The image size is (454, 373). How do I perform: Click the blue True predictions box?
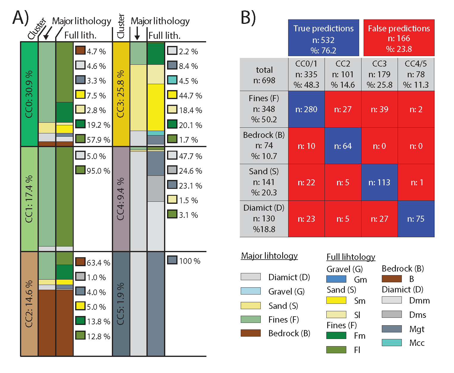[323, 38]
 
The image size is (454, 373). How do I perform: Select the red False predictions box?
[399, 38]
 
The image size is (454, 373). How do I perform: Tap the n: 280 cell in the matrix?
[306, 110]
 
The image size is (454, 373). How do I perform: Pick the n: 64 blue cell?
[343, 146]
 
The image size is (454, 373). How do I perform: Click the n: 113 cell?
[379, 182]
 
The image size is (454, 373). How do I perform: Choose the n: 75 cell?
[416, 219]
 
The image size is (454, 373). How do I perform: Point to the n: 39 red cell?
[379, 110]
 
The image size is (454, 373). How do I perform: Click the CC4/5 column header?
[416, 74]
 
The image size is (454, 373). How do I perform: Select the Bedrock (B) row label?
[264, 146]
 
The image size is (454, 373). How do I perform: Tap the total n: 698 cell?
[264, 75]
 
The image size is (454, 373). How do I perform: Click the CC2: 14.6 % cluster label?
[29, 304]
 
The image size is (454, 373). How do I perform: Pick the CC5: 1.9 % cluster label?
[121, 304]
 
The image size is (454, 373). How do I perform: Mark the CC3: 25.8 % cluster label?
[121, 94]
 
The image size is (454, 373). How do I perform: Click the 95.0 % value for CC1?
[98, 171]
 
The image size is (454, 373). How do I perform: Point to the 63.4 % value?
[98, 263]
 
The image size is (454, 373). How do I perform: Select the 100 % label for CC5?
[189, 261]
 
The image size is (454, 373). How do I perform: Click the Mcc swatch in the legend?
[392, 343]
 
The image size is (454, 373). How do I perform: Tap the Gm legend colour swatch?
[336, 279]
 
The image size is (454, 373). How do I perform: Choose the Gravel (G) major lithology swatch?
[251, 291]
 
